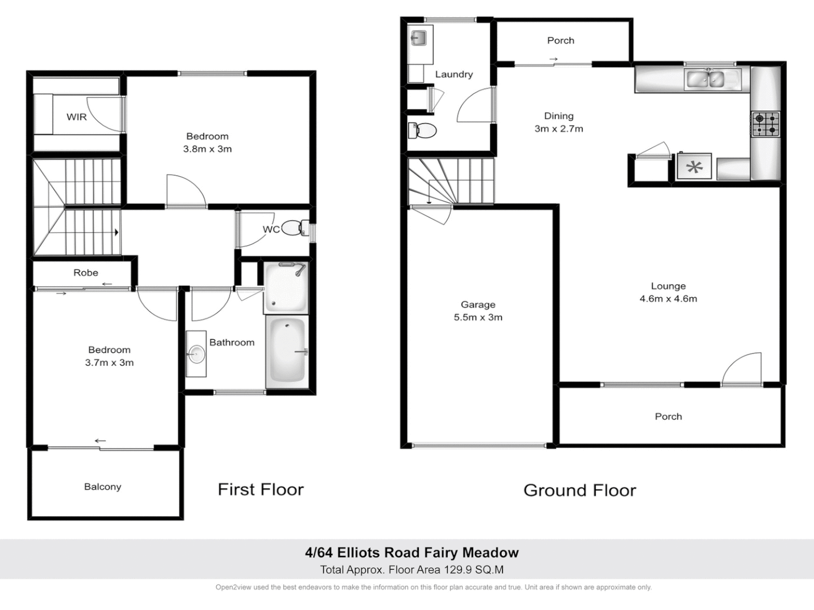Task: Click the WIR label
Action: [76, 117]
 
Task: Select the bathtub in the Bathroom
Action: [286, 351]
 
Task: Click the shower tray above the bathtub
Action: [285, 287]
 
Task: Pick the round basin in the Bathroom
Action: [196, 354]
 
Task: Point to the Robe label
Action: [86, 273]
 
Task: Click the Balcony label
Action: [102, 487]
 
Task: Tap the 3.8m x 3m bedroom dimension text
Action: [207, 149]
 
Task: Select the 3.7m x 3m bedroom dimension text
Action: [109, 363]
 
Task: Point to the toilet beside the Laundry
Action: [423, 130]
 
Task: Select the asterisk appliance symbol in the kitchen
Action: [695, 167]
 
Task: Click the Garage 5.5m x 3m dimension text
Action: [478, 317]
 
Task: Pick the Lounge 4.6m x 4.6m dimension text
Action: [668, 299]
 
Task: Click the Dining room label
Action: [558, 116]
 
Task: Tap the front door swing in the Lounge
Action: [743, 369]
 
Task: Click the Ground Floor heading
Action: [579, 490]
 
